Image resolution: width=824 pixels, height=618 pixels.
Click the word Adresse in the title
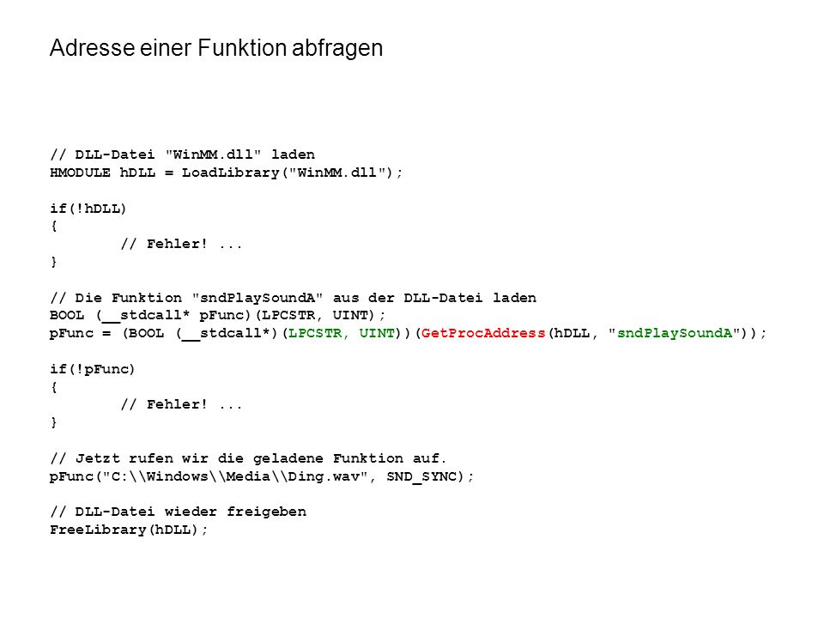click(x=93, y=48)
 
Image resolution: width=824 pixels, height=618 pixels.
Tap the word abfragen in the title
click(x=337, y=49)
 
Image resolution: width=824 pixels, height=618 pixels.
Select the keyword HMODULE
click(x=81, y=173)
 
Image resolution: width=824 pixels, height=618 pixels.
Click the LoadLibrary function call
click(x=230, y=173)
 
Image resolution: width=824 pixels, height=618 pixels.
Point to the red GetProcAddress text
click(x=483, y=333)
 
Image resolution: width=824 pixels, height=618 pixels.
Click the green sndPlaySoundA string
click(x=675, y=333)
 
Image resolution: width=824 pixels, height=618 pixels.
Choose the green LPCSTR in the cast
click(x=315, y=333)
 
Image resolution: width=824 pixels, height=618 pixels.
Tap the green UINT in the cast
click(x=377, y=333)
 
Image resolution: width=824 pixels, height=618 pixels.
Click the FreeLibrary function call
click(x=98, y=530)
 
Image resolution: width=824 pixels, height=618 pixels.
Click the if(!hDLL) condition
click(x=88, y=209)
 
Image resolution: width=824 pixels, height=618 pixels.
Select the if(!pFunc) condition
click(x=93, y=369)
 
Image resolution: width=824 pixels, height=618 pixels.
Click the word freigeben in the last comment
click(x=266, y=512)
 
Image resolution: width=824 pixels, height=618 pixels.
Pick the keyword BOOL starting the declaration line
click(x=67, y=315)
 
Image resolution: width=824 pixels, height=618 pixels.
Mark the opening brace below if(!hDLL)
click(x=53, y=227)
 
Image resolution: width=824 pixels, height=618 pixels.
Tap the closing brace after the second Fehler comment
click(x=53, y=422)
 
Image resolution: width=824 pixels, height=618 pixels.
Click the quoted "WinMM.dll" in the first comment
click(x=214, y=154)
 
